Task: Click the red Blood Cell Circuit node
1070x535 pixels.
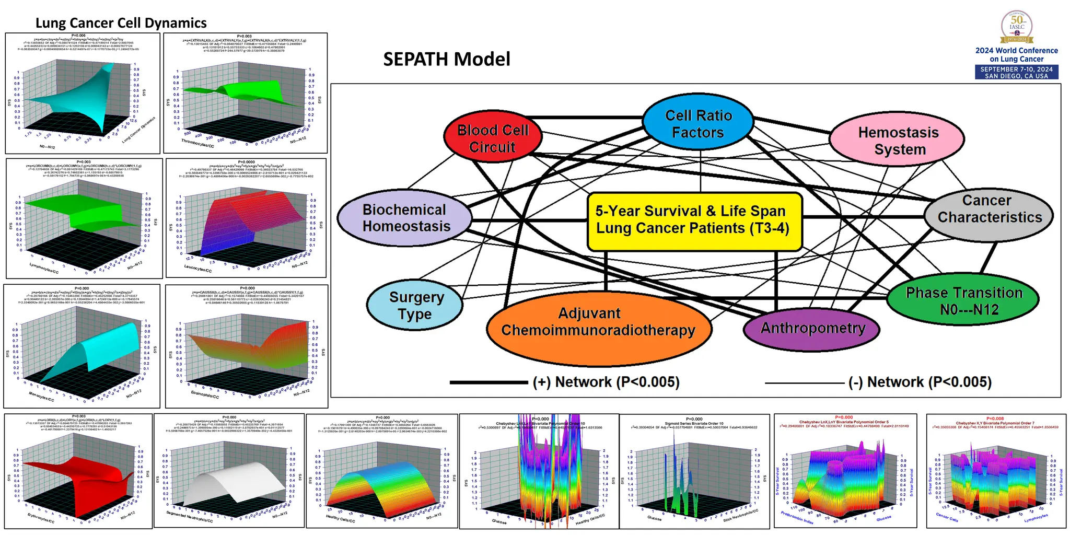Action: (x=493, y=138)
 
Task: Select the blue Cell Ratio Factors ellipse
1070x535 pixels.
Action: (x=698, y=123)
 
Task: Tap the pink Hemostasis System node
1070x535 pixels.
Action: (x=898, y=140)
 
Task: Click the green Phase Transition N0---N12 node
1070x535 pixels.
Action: (x=963, y=300)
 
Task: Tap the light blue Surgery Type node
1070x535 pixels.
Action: (x=415, y=305)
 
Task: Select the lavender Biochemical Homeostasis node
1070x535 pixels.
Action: (x=405, y=217)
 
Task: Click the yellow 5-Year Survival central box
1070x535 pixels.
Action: (x=694, y=220)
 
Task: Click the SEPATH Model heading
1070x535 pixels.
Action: (x=446, y=59)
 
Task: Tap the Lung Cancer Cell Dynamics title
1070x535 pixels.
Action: (x=121, y=23)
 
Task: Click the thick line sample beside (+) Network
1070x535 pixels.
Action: (x=489, y=382)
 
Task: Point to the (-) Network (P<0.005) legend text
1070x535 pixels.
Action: (x=920, y=382)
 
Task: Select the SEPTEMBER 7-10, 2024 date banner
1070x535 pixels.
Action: (x=1016, y=73)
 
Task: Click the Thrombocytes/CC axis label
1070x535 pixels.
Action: (x=197, y=143)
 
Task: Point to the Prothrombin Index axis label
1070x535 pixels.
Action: (x=797, y=517)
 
